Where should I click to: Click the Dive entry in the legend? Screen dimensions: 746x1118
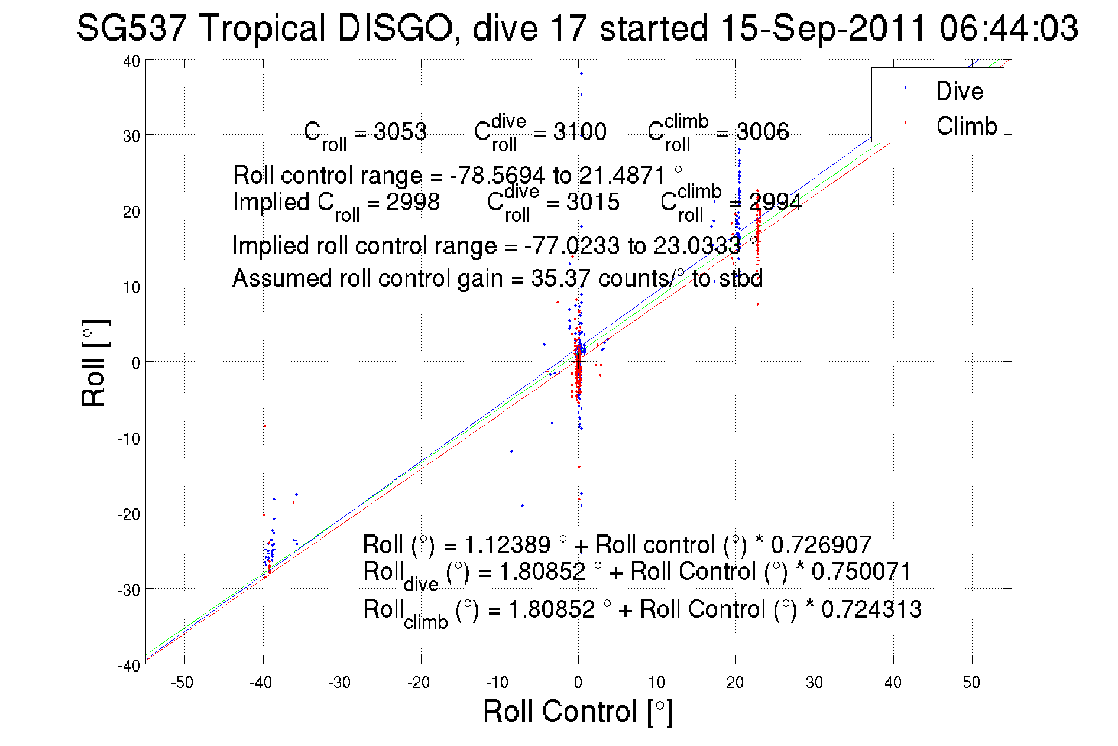click(x=959, y=91)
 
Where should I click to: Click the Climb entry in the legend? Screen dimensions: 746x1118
click(x=966, y=126)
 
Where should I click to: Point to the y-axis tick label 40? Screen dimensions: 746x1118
click(x=131, y=61)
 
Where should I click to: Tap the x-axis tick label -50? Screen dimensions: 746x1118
click(x=182, y=683)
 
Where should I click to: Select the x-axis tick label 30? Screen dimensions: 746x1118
click(x=814, y=683)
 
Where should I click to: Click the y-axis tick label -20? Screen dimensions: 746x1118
click(x=128, y=514)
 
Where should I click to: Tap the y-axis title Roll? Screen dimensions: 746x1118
click(x=93, y=364)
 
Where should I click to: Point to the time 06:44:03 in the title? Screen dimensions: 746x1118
click(x=1009, y=28)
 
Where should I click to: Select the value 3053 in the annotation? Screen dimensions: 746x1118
click(x=400, y=131)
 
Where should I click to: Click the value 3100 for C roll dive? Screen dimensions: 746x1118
click(x=579, y=131)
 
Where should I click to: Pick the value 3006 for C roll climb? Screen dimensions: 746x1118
click(x=762, y=131)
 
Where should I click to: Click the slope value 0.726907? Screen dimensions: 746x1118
click(x=821, y=544)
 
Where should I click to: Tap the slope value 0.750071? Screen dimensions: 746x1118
click(x=861, y=572)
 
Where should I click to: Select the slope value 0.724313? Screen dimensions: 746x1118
click(x=871, y=609)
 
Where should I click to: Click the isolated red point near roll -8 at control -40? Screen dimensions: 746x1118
click(x=265, y=426)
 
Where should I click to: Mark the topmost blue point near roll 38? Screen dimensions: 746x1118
click(x=581, y=74)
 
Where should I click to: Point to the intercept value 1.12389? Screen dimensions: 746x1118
click(x=507, y=544)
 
